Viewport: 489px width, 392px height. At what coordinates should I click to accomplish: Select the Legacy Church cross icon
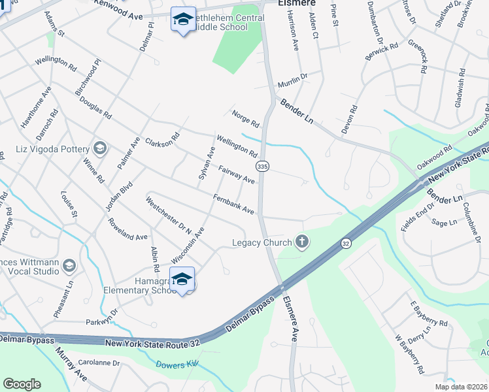tap(302, 242)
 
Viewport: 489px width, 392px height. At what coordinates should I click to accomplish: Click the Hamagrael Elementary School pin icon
tap(182, 279)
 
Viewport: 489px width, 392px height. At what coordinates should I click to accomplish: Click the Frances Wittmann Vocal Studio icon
tap(69, 266)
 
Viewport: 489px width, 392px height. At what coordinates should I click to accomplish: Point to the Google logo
tap(22, 384)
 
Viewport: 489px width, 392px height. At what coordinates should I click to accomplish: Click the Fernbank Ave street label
tap(233, 203)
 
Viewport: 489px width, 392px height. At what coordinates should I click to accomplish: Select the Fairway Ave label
tap(236, 174)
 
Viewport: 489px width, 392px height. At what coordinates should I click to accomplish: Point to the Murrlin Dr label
tap(292, 80)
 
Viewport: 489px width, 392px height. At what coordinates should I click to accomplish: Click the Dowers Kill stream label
tap(177, 365)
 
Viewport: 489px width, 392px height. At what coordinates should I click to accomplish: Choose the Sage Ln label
tap(444, 222)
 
